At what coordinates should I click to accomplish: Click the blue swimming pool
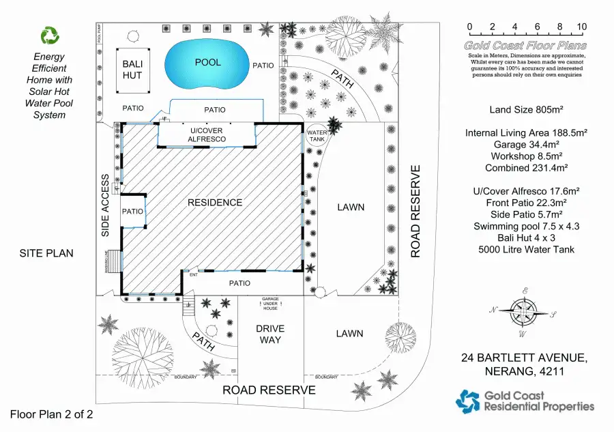click(x=207, y=62)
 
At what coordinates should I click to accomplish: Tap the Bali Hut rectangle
click(x=132, y=69)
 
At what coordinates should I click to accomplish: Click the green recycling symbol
click(x=50, y=35)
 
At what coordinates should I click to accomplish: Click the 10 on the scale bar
click(x=581, y=27)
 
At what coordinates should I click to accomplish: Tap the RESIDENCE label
click(x=216, y=203)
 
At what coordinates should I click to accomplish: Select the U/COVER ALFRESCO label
click(x=207, y=134)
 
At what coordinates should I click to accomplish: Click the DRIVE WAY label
click(x=270, y=334)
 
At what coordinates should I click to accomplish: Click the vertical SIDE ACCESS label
click(x=106, y=205)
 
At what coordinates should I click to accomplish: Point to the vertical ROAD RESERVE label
click(x=415, y=210)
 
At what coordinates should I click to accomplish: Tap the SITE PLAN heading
click(x=46, y=253)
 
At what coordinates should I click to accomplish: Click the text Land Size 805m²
click(x=525, y=110)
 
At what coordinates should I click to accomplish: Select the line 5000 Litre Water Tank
click(x=525, y=249)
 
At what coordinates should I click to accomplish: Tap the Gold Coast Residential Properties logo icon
click(x=468, y=401)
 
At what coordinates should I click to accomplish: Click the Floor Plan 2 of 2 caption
click(x=51, y=414)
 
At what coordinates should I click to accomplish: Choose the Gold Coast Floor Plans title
click(x=525, y=46)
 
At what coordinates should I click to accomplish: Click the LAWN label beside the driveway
click(x=350, y=334)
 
